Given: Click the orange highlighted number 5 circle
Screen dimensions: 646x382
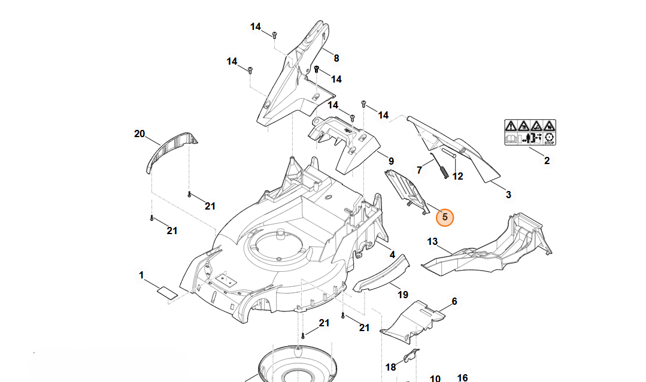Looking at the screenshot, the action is (x=445, y=217).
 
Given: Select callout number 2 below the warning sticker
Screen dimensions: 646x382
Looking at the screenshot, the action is (x=547, y=160).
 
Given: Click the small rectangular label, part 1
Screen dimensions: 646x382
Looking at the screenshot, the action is (x=167, y=293).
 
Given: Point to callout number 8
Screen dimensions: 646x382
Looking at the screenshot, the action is (x=336, y=59).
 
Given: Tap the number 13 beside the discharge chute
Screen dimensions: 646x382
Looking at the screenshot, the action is (x=432, y=241).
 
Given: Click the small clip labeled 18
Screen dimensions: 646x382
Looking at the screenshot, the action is (x=411, y=356).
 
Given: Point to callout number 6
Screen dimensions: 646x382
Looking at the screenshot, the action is (x=454, y=301).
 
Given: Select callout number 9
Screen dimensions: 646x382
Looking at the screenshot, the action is (x=391, y=161).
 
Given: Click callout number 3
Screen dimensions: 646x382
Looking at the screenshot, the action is (x=508, y=195).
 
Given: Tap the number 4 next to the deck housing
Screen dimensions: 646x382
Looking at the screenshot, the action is (x=392, y=255).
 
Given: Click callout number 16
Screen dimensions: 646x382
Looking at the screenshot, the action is (x=462, y=377).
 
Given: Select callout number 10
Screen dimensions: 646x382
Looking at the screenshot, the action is (x=435, y=378).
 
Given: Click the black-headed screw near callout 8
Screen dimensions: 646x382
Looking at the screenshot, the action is (x=316, y=69).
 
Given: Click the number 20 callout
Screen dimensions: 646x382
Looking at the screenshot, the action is (x=139, y=134).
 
